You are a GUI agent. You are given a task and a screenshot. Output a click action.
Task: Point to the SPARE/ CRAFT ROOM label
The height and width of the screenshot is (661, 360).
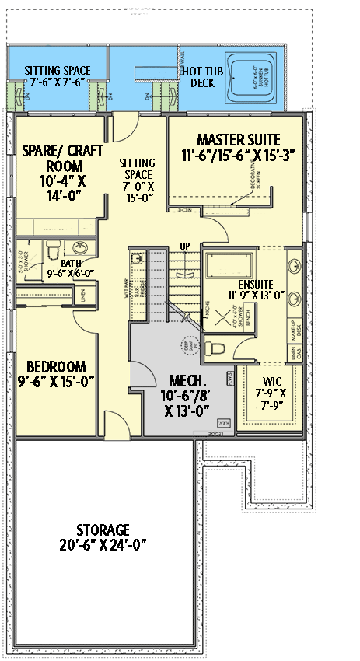coord(58,165)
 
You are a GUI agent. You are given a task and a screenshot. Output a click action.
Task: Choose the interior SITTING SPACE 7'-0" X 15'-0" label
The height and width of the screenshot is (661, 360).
coord(137,180)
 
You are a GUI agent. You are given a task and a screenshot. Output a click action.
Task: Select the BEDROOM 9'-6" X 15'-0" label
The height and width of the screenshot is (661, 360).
coord(56,374)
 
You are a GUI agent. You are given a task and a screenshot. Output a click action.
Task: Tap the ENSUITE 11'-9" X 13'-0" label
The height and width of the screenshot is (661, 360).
coord(256,289)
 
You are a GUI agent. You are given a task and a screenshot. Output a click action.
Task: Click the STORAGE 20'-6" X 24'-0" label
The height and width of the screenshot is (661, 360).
coord(103,537)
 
